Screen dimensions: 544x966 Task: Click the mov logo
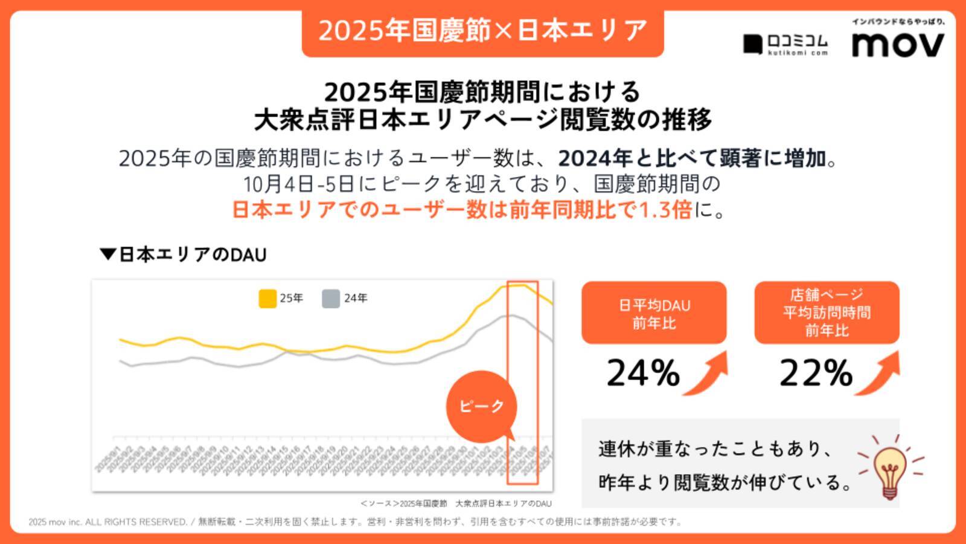(898, 44)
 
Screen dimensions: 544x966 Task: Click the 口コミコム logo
(785, 44)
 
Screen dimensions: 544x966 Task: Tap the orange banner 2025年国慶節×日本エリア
(482, 31)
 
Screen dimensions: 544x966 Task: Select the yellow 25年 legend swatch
(267, 299)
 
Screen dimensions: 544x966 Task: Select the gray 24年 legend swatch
(331, 299)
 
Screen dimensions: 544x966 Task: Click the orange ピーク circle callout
(481, 406)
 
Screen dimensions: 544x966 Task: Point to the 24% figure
(642, 373)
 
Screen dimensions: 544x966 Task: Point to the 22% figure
(816, 373)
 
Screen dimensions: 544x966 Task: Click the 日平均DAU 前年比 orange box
(654, 313)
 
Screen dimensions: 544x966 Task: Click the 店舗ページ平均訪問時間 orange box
(827, 312)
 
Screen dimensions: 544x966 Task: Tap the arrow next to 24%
(707, 374)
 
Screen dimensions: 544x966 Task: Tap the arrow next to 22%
(879, 374)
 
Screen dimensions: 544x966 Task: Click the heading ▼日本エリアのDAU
(184, 254)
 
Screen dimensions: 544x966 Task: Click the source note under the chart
(456, 503)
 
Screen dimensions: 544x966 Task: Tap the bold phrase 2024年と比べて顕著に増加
(691, 158)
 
